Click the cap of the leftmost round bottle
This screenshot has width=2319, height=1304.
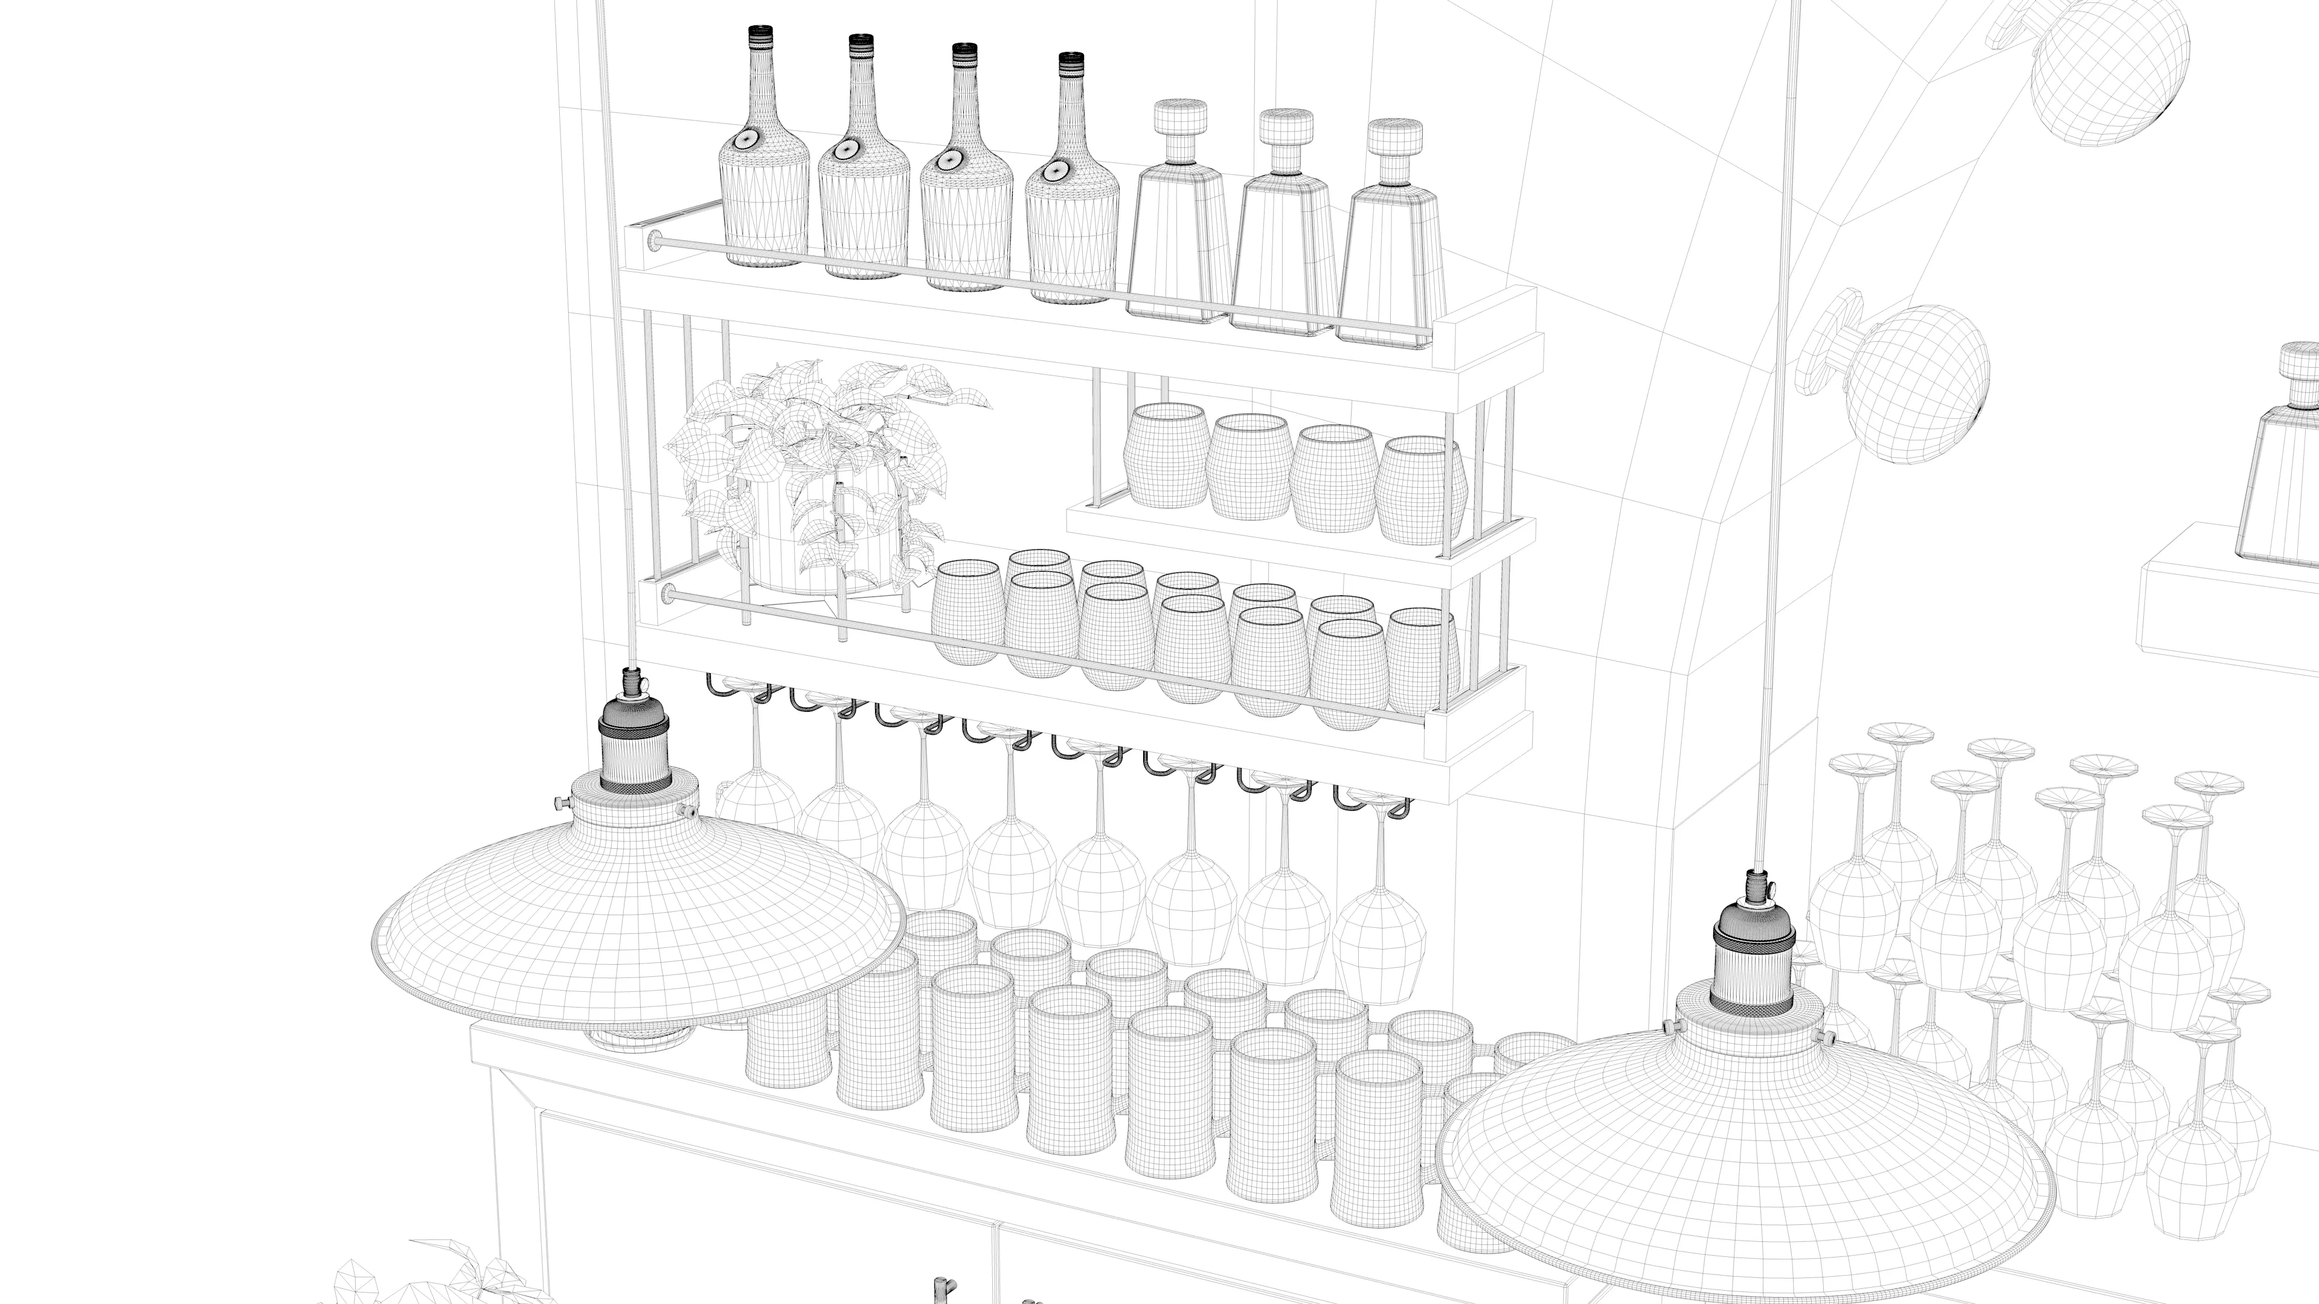click(761, 36)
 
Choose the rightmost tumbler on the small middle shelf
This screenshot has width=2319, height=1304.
click(1420, 490)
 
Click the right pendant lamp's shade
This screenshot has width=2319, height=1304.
click(1746, 1170)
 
